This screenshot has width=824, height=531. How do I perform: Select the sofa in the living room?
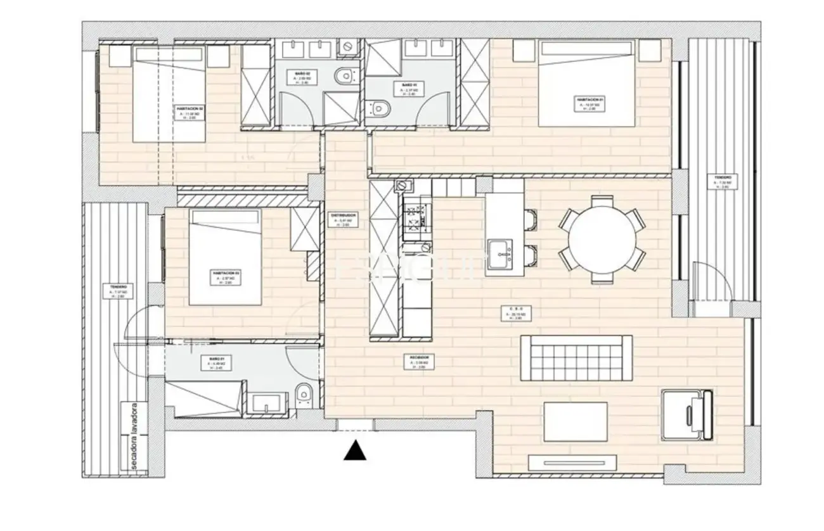576,359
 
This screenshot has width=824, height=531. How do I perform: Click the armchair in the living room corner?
688,415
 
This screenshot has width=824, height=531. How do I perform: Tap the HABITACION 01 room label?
589,104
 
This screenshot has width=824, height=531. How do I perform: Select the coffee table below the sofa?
576,421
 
